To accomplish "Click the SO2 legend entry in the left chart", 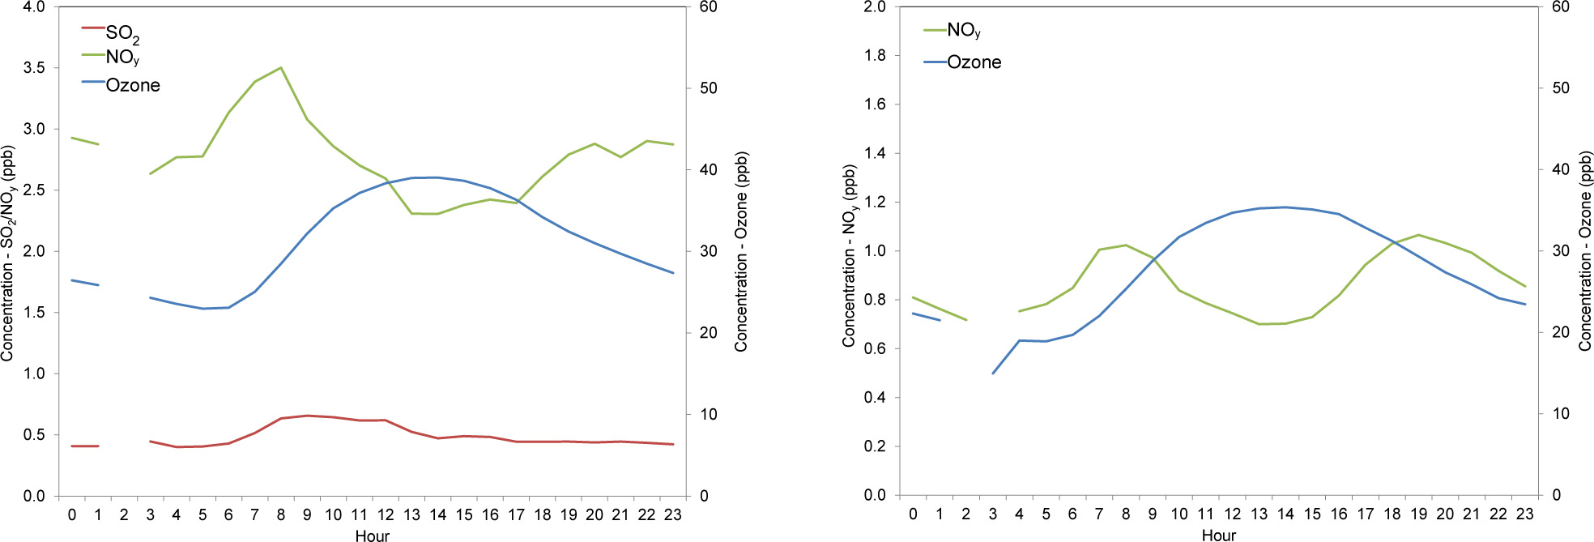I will [121, 33].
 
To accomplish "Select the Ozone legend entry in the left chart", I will [132, 85].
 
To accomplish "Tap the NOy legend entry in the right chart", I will [963, 31].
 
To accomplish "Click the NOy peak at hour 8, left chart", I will [281, 68].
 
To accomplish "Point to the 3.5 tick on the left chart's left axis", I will [34, 68].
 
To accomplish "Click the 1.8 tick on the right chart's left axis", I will [875, 56].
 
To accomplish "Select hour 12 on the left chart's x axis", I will [386, 514].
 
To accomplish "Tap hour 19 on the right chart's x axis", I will [1419, 514].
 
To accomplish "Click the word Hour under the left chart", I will [372, 536].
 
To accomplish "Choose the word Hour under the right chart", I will [1218, 535].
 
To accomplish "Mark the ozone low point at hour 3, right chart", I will [993, 373].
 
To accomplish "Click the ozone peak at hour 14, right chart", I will [1285, 207].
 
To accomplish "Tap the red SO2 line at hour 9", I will [307, 416].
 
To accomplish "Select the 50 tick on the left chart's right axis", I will [709, 88].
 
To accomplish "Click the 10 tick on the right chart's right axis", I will [1560, 414].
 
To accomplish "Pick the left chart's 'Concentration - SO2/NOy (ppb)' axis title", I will [8, 253].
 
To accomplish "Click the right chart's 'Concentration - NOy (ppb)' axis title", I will [849, 256].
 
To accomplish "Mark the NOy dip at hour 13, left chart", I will [412, 213].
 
